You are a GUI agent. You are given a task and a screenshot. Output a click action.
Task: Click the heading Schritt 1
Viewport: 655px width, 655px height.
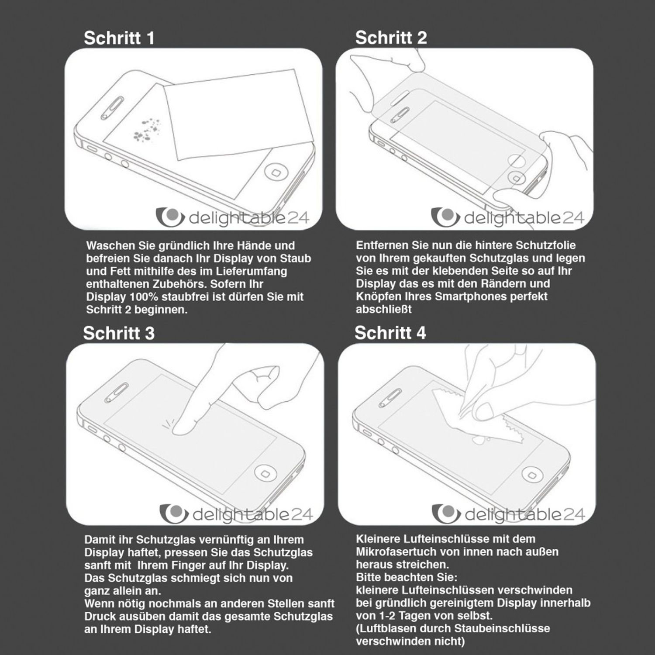pos(119,38)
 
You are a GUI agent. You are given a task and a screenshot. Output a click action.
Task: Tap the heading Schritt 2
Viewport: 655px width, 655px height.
pos(391,38)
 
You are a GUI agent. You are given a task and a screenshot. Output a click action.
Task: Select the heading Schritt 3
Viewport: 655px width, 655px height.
pos(119,333)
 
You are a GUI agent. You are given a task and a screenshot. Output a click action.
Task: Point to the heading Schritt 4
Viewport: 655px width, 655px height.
pos(390,333)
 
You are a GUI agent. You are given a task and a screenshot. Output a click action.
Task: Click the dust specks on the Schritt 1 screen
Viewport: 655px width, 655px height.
pos(146,130)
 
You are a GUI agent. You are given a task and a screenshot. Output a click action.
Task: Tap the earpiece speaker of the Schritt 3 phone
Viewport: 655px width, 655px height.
pos(115,393)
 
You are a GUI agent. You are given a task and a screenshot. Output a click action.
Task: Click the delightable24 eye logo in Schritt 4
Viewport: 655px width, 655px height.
pos(445,513)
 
